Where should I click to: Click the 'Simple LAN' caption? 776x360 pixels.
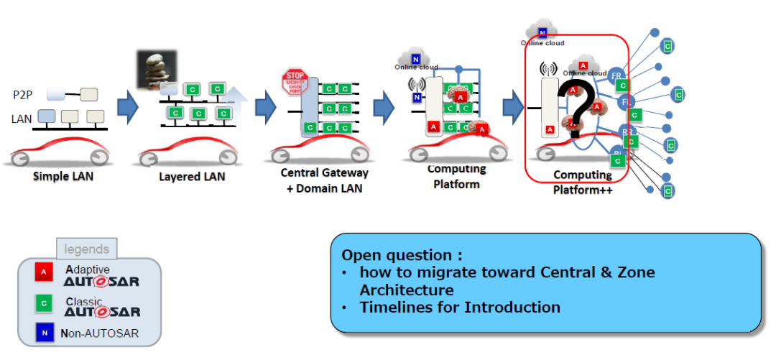63,177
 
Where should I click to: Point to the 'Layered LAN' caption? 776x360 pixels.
192,177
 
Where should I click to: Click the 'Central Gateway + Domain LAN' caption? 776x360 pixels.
324,180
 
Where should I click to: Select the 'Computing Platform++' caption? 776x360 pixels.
582,183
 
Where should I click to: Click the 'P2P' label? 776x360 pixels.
23,94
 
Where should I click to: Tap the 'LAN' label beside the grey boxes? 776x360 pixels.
22,119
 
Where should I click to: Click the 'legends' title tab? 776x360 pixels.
87,249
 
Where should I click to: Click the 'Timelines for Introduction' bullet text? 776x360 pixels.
460,308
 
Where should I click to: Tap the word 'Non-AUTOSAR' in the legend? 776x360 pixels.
101,333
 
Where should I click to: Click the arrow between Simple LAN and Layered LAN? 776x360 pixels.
127,106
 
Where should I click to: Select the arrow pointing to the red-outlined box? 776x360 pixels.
512,106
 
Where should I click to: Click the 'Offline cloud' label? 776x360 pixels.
584,73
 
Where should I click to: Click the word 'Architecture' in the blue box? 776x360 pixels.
407,290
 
